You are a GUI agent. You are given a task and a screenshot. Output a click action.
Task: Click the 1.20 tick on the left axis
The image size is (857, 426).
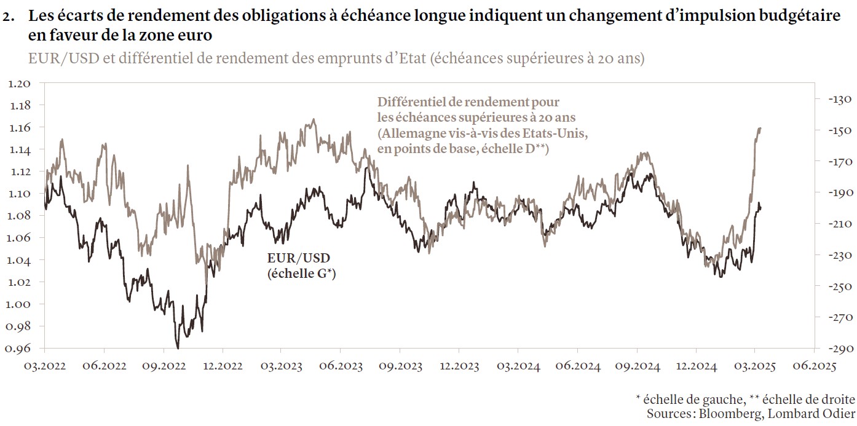[x=21, y=83]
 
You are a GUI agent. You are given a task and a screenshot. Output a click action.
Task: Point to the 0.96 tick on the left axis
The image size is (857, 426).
[x=21, y=349]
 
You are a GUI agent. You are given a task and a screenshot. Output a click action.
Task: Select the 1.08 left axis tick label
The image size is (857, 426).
[x=21, y=216]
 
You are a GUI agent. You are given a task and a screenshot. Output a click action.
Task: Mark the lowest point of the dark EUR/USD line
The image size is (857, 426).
[x=178, y=348]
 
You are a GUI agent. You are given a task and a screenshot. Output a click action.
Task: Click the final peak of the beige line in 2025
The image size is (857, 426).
[x=760, y=128]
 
